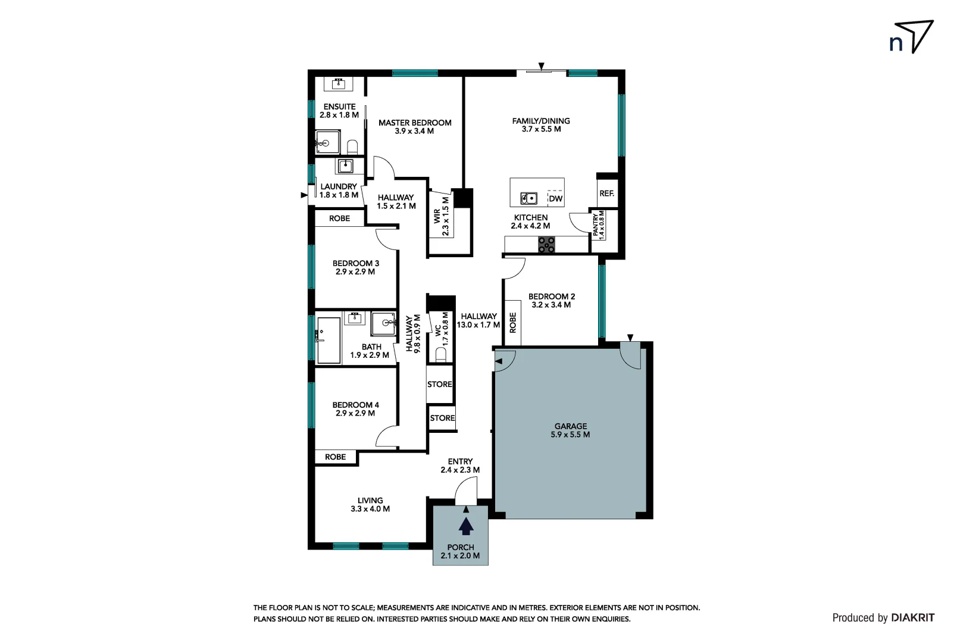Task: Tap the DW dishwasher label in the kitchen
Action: click(555, 199)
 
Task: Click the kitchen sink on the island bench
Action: click(528, 198)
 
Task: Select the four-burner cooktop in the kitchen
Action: click(547, 245)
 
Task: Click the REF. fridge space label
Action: click(606, 193)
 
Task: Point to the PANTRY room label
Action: click(598, 225)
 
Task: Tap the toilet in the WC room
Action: click(441, 355)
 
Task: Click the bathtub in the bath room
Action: click(328, 340)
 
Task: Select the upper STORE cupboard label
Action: click(440, 385)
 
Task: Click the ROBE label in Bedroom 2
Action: click(513, 323)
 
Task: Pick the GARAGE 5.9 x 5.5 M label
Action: click(571, 430)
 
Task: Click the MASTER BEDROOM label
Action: click(415, 127)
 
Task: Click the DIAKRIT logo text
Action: click(912, 618)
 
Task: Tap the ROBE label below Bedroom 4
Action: click(335, 457)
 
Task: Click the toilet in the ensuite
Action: click(352, 146)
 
